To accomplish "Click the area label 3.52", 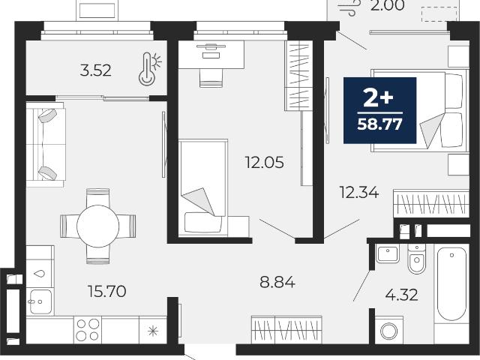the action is (95, 71).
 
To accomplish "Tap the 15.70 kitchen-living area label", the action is (106, 291).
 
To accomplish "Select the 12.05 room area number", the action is (265, 162).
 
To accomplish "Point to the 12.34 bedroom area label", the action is (359, 193).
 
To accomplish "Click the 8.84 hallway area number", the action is (277, 282).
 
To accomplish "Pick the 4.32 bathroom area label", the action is (402, 295).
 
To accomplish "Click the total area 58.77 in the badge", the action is (380, 124).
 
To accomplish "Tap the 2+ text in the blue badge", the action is (378, 98).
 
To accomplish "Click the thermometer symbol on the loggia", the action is (150, 68).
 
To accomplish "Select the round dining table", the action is (97, 226).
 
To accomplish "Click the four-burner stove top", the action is (88, 330).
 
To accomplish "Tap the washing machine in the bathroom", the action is (388, 330).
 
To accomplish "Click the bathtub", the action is (451, 285).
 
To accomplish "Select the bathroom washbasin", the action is (388, 253).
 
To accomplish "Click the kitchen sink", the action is (40, 301).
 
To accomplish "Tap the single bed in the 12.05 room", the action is (203, 188).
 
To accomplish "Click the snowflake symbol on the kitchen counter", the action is (153, 331).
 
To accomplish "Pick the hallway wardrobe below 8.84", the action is (286, 330).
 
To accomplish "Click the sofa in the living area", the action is (46, 144).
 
